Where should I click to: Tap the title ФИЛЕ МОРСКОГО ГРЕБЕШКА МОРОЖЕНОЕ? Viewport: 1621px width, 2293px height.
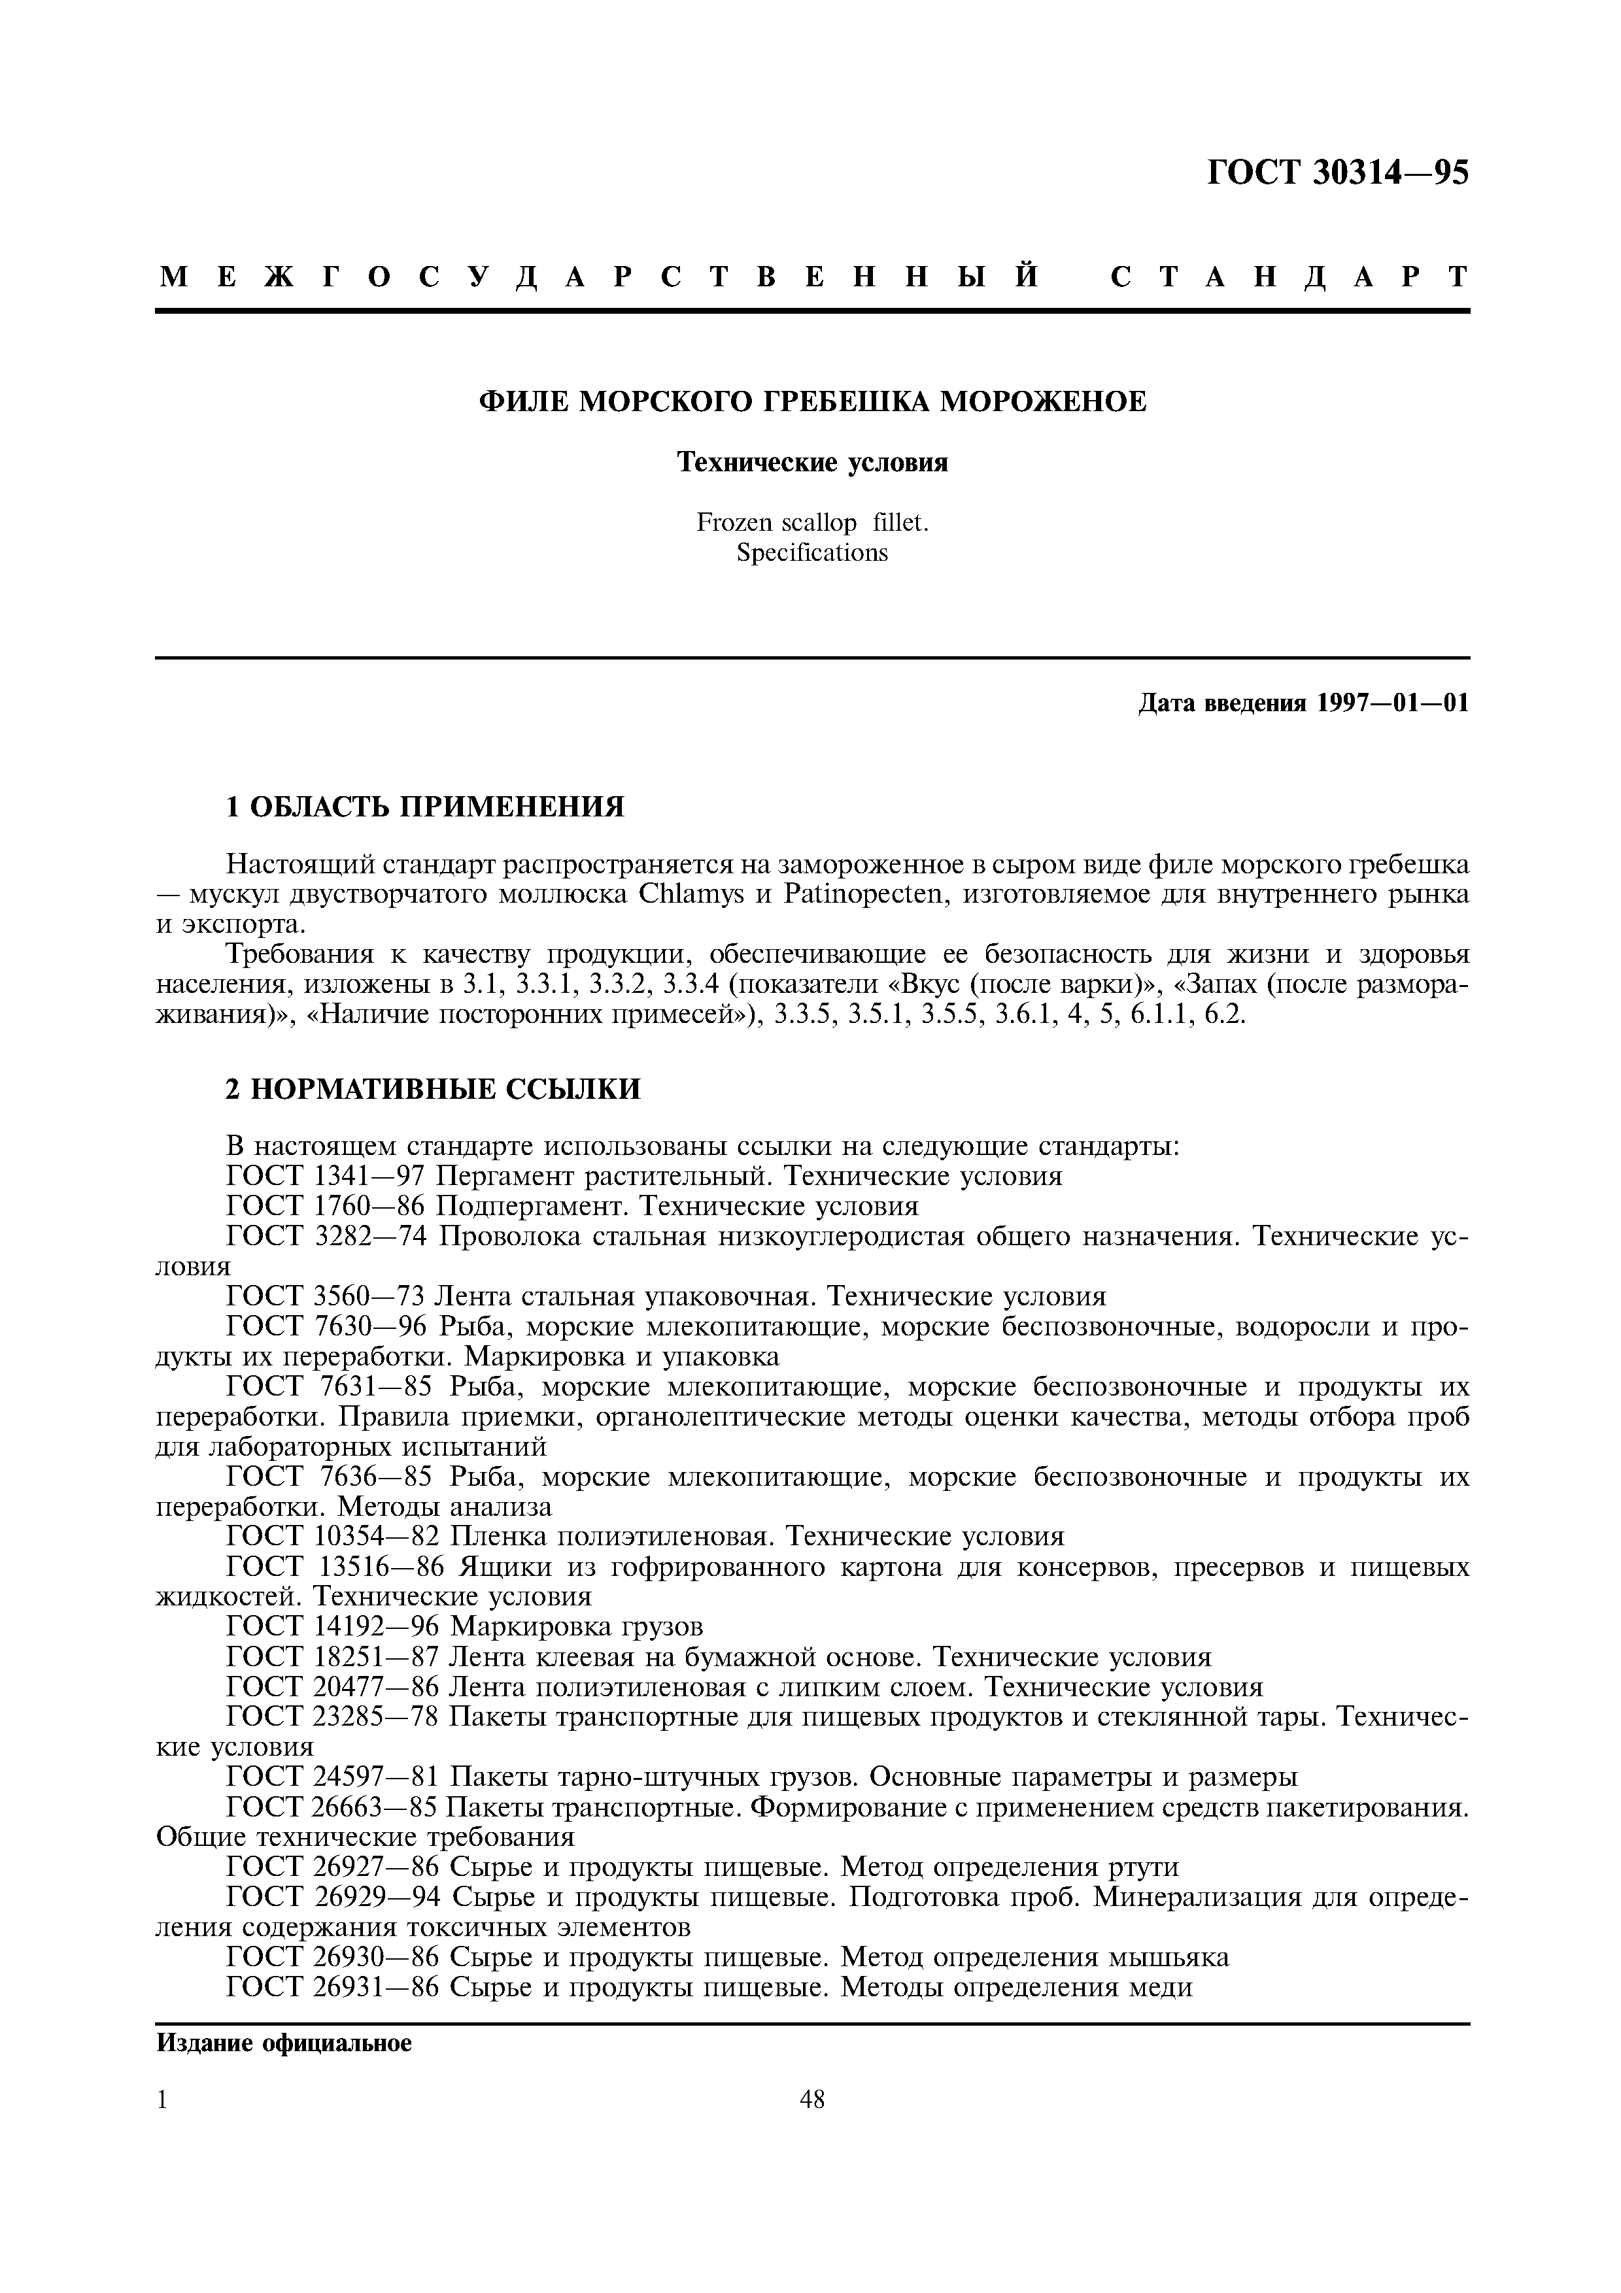point(812,401)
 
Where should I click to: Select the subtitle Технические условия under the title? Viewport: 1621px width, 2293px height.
point(812,462)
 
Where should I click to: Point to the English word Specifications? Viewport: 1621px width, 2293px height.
point(812,552)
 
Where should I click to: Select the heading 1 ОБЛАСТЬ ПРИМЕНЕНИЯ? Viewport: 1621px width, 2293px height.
point(424,806)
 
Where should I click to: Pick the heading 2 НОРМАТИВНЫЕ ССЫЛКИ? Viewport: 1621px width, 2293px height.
point(432,1088)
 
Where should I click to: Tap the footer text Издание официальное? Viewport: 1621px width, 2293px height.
point(284,2045)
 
